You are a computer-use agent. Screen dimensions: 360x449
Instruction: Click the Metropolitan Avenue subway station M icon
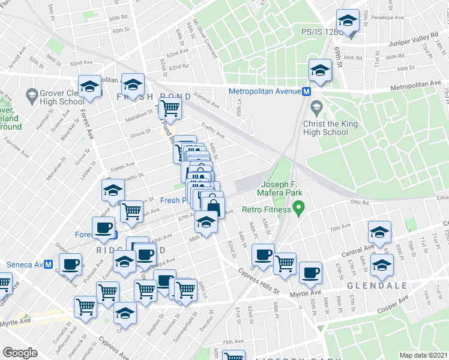[306, 91]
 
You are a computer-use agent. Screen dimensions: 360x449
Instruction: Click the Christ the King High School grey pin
[316, 107]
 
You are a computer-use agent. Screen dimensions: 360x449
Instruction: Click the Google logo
[20, 352]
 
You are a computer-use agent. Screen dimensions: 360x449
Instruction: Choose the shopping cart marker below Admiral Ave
[171, 109]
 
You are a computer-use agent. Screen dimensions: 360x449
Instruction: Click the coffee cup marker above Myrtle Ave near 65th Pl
[310, 272]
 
